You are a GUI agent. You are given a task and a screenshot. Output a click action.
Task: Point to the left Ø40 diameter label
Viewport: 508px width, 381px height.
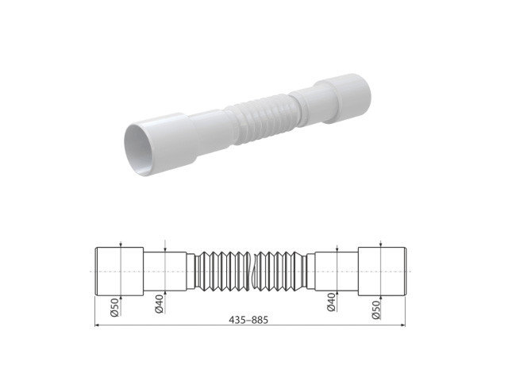click(160, 302)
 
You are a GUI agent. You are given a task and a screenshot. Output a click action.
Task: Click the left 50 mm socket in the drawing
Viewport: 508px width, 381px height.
click(119, 271)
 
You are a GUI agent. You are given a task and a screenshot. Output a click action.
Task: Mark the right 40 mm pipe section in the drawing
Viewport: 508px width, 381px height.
click(333, 271)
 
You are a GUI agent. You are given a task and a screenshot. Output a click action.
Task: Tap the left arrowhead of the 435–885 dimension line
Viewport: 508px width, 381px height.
click(98, 325)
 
